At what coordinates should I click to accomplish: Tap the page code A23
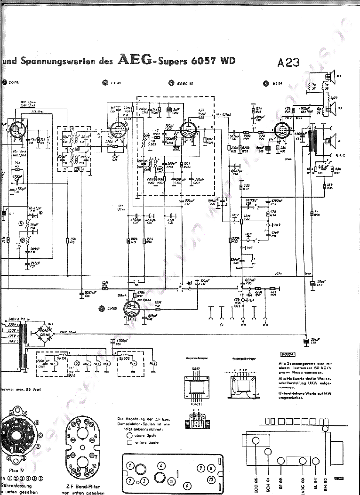pos(288,63)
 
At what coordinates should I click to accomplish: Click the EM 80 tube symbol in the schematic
pos(133,310)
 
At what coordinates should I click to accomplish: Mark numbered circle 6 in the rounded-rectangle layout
pos(187,486)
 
